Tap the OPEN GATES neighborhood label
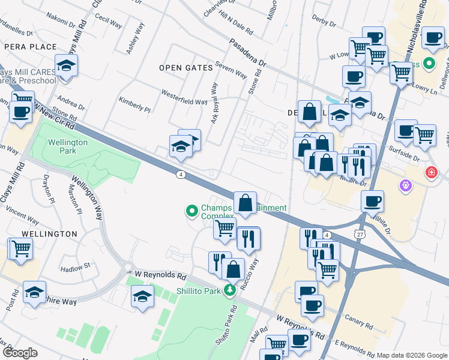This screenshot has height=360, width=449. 186,68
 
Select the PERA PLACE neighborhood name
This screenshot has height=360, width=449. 30,47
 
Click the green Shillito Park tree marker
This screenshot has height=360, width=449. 229,291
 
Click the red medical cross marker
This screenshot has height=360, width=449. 431,173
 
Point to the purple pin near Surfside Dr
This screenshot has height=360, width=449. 405,186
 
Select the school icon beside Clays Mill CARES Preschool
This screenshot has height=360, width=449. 66,65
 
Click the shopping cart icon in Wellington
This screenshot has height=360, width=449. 21,247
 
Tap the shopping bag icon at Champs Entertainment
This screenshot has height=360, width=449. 246,202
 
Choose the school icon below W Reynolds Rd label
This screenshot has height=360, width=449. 142,296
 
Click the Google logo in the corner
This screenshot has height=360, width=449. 20,353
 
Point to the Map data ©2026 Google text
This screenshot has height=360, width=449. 411,355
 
